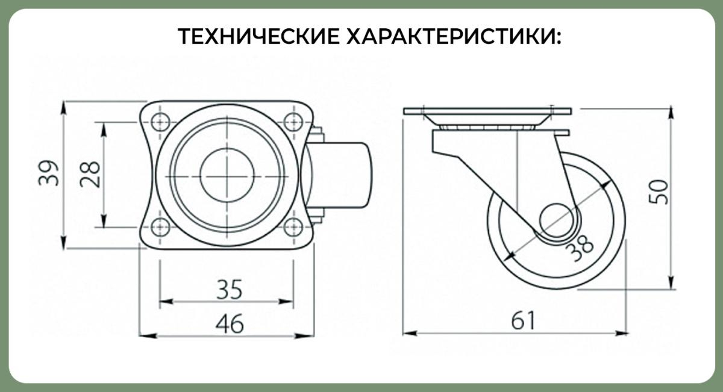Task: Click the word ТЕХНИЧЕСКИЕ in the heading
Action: click(x=258, y=36)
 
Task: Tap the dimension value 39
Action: click(x=49, y=173)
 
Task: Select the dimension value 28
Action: click(x=90, y=174)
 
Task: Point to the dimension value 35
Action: click(x=229, y=290)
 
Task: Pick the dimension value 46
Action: click(x=230, y=323)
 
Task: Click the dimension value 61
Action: click(x=523, y=320)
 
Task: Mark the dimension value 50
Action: click(x=659, y=191)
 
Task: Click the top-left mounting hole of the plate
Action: click(x=160, y=122)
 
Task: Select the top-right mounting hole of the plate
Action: click(x=293, y=122)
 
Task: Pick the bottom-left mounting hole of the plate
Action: click(x=160, y=227)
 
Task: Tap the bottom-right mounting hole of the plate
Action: click(x=293, y=227)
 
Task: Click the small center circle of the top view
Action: click(x=227, y=175)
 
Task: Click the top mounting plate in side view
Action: click(x=487, y=111)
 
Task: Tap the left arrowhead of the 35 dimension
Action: click(x=166, y=302)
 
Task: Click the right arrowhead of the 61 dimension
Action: click(x=622, y=333)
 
